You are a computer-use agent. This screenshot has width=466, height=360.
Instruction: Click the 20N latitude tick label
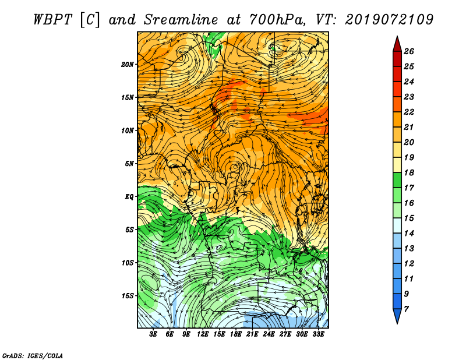(128, 65)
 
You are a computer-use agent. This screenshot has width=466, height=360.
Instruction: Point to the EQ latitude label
(129, 197)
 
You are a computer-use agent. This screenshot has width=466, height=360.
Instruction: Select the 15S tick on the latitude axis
(128, 296)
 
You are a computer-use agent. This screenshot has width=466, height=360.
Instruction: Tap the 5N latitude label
(129, 164)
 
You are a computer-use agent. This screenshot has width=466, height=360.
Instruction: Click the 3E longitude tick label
(153, 334)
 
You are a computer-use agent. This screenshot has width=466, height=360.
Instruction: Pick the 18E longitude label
(235, 334)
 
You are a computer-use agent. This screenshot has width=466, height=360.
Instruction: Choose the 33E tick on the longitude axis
(318, 334)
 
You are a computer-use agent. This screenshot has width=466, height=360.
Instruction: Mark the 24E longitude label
(269, 334)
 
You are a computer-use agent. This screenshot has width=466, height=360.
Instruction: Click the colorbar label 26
(409, 51)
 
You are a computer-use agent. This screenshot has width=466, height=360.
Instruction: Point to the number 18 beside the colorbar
(409, 172)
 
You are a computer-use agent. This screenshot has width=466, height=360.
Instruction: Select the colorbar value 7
(406, 309)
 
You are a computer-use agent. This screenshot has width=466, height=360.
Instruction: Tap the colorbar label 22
(409, 112)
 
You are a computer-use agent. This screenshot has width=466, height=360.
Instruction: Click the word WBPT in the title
(52, 20)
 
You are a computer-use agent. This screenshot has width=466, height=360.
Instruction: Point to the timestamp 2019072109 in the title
(389, 20)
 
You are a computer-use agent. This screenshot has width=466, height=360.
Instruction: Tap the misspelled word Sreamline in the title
(181, 20)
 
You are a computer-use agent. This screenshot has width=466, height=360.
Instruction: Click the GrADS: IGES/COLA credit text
(33, 356)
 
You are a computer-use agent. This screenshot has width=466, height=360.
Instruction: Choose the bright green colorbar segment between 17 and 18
(397, 180)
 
